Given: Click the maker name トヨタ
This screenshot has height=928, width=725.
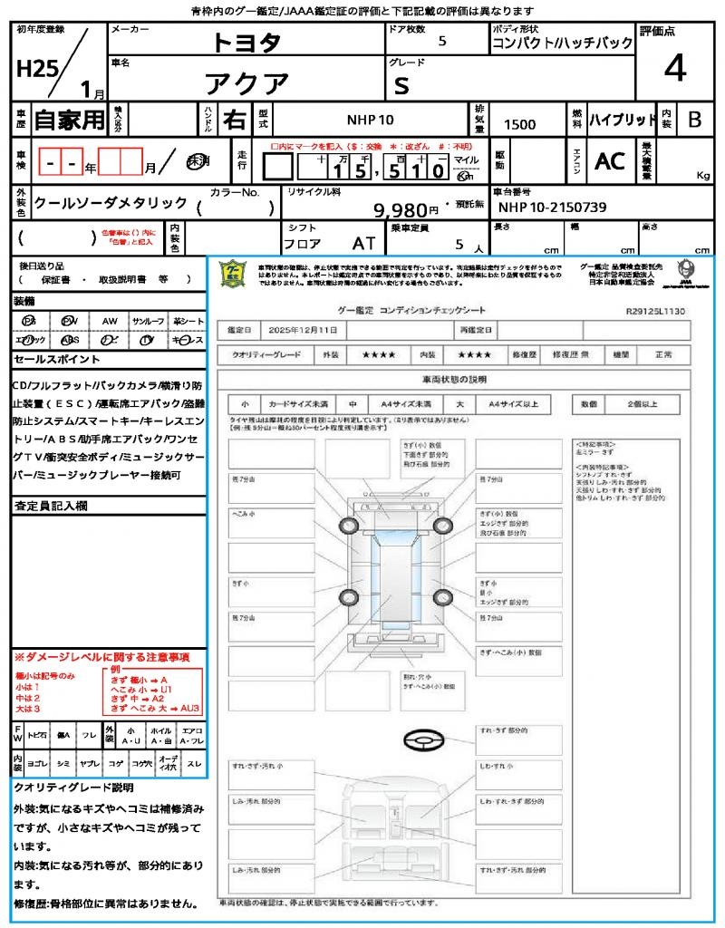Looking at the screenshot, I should point(246,42).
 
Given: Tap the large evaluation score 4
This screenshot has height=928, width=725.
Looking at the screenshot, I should point(675,68).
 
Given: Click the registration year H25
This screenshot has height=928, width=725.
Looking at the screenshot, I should point(34,71).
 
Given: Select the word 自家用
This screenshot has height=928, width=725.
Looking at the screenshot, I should point(70,119).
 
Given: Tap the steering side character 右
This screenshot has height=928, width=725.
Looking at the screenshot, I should point(234,120).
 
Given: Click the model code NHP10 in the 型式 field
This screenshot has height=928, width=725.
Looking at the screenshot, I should point(370,120).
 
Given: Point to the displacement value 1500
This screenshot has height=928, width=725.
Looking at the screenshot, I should point(519,124).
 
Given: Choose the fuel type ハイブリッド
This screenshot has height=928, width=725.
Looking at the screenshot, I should point(623,120).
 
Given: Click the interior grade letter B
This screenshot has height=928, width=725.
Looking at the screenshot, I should point(694,120).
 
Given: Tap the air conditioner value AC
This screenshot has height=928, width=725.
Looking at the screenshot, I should point(610,160).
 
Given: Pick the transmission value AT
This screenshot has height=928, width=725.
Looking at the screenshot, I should point(364,243).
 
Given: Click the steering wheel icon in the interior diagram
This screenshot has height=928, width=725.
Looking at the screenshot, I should point(420,739).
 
